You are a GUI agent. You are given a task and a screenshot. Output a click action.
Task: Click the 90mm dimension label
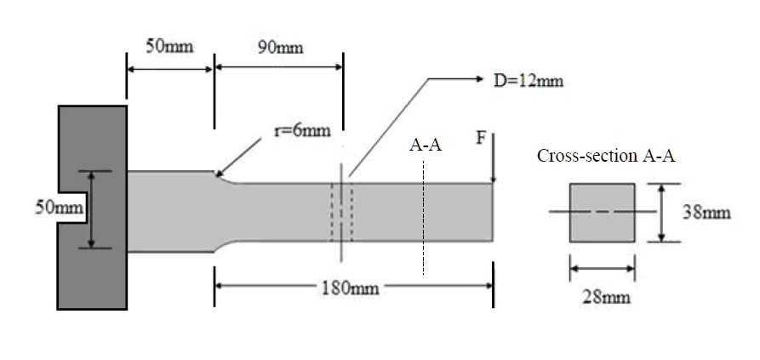pos(280,48)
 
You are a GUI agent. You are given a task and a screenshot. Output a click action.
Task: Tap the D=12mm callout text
pos(529,82)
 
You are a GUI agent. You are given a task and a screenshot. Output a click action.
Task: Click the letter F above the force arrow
pos(480,137)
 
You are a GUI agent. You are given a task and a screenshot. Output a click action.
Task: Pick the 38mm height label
pos(706,212)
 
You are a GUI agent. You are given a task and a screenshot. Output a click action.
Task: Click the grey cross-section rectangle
pos(601,212)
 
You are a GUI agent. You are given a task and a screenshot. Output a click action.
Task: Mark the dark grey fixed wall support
pos(92,272)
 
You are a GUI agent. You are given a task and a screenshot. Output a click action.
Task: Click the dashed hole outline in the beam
pos(341,212)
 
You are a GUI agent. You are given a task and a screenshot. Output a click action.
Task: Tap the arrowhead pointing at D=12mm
pos(475,79)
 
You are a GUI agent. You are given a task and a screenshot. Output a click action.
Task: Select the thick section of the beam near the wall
pos(169,211)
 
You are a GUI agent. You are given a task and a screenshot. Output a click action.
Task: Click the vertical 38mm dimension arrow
pos(661,212)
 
